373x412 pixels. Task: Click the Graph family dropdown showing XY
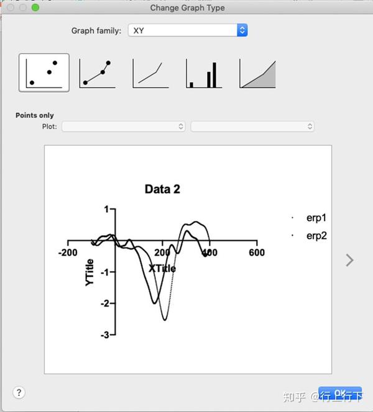[x=187, y=30]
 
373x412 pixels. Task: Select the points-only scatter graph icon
[x=44, y=73]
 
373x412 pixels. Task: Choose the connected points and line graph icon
[x=97, y=73]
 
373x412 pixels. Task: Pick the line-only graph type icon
[x=150, y=73]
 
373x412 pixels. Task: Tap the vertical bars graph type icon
[x=204, y=73]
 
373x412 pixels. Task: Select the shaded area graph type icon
[x=257, y=73]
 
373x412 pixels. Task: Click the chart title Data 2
[x=162, y=189]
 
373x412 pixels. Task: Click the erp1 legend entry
[x=316, y=218]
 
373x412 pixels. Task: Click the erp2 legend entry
[x=316, y=236]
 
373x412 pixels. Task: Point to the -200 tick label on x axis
[x=67, y=253]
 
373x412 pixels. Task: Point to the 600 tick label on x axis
[x=256, y=253]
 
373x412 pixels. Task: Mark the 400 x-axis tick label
[x=209, y=253]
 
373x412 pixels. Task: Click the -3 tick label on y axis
[x=105, y=335]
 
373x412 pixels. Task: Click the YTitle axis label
[x=90, y=272]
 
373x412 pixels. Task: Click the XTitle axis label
[x=162, y=268]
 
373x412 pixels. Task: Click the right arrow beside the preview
[x=349, y=260]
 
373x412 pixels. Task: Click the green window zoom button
[x=35, y=7]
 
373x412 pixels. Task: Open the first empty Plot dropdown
[x=124, y=127]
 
